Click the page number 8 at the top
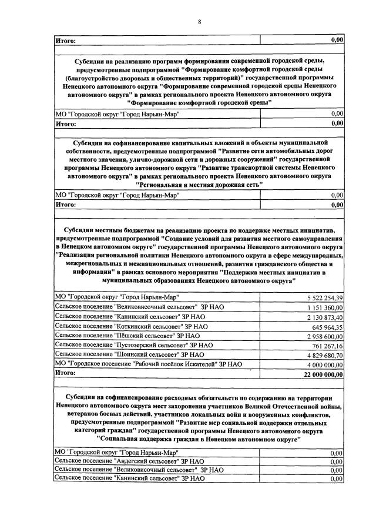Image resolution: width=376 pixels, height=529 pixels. pos(199,22)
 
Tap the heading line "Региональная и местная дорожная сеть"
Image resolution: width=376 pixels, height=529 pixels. pos(199,184)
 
